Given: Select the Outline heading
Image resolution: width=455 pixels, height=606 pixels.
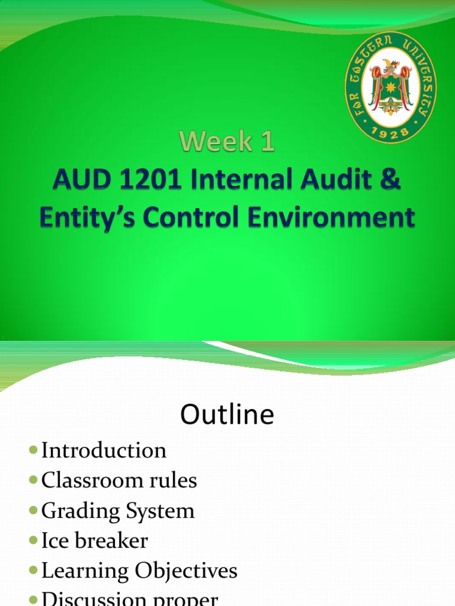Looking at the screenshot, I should coord(227,415).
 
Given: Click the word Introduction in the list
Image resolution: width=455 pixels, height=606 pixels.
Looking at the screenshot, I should coord(104,451).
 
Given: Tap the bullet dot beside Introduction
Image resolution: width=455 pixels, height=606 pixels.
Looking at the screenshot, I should coord(33,451).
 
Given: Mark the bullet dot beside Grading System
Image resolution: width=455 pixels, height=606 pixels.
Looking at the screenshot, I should coord(33,511).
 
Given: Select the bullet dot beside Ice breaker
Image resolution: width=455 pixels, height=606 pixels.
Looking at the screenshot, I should coord(33,541).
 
